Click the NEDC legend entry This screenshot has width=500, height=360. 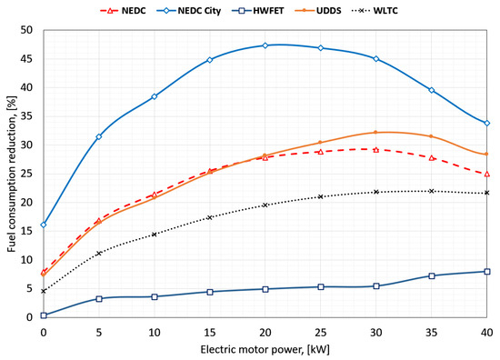pos(123,11)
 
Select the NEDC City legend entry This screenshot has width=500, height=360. pos(188,11)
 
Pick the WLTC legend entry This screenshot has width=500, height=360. pos(375,11)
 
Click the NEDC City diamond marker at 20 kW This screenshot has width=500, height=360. pos(265,45)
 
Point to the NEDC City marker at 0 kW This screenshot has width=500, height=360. pos(44,225)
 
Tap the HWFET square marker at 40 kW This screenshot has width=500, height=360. pos(487,272)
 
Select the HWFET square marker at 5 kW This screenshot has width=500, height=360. pos(99,299)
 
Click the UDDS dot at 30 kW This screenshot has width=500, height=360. pos(376,133)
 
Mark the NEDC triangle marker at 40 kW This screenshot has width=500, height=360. pos(487,175)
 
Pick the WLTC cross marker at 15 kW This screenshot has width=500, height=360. pos(210,217)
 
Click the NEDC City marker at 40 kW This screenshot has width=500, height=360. pos(487,123)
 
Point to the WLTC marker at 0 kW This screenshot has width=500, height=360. pos(44,291)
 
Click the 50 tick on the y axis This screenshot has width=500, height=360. pos(26,30)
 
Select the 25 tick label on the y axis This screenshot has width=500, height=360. pos(26,175)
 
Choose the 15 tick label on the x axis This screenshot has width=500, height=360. pos(210,333)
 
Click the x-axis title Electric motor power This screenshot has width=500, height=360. pos(265,350)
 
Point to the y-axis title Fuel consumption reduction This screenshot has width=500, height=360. pos(12,174)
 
